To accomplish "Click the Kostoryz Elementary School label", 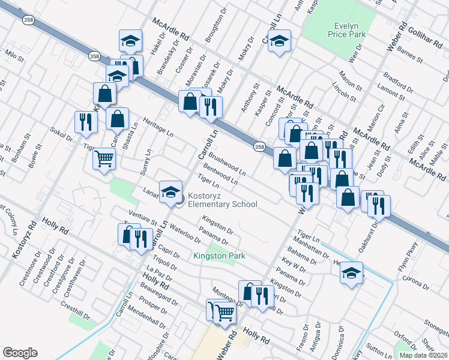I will [x=222, y=200].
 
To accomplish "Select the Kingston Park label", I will [x=220, y=256].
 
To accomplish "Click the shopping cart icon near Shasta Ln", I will [x=104, y=160].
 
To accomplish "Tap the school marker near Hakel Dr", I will [x=130, y=41].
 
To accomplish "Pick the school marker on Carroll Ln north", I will [x=279, y=41].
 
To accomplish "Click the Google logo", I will [x=20, y=353].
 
